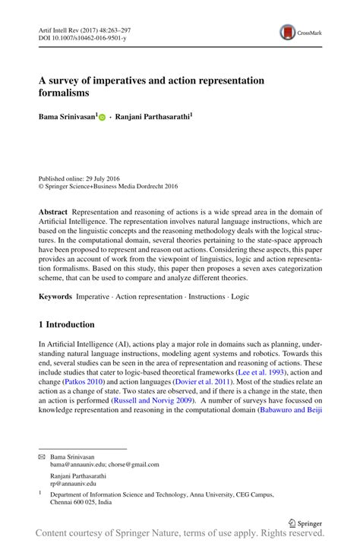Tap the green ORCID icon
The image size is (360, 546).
(x=102, y=118)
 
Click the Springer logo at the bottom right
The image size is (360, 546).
(x=307, y=522)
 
